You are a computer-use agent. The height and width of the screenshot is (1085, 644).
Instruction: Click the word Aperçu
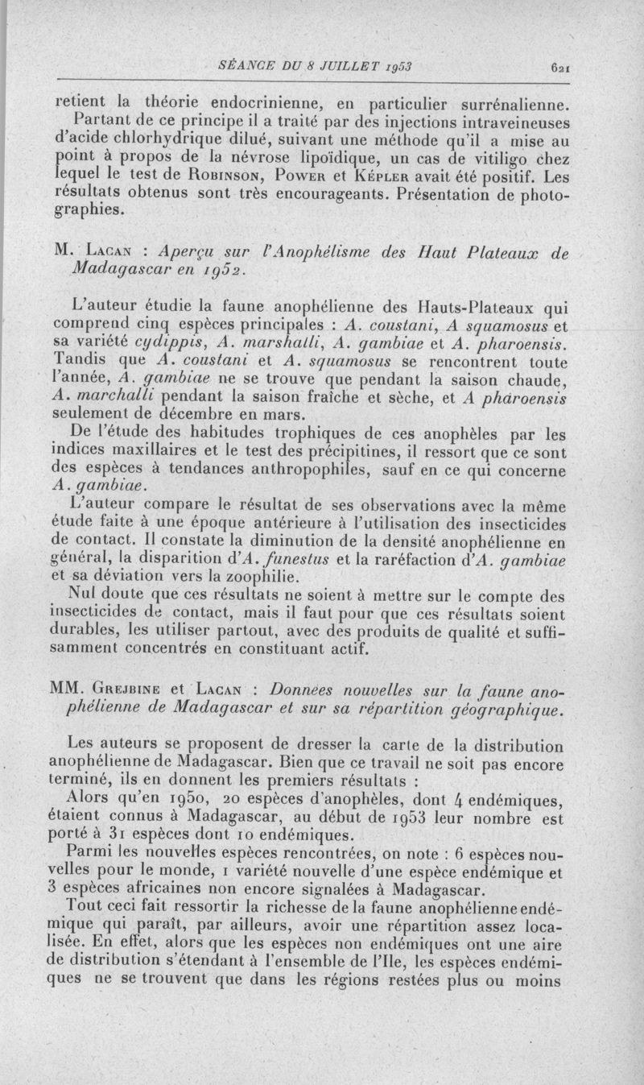pos(187,252)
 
